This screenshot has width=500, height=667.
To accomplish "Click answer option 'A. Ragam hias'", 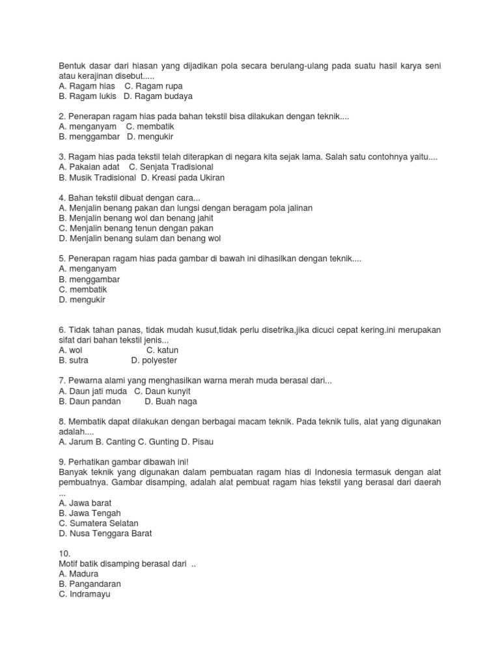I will point(87,86).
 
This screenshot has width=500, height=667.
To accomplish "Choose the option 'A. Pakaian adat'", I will point(89,167).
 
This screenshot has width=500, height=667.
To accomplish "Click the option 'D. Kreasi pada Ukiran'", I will point(183,177).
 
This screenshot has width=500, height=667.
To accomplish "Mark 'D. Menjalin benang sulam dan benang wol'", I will point(140,238).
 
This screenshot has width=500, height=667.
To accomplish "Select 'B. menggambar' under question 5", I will point(89,279).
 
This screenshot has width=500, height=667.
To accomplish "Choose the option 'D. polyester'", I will point(154,360).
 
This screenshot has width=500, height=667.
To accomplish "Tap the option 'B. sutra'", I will point(73,360).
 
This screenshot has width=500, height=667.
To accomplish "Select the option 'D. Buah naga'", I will point(171,401).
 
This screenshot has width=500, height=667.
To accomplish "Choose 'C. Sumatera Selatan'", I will point(98,523).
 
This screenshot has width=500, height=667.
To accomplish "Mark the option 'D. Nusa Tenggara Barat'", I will point(105,533).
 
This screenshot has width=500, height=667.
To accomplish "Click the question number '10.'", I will point(64,554).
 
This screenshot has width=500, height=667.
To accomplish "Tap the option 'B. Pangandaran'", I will point(90,584).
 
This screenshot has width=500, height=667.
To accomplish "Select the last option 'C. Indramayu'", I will point(85,594).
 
